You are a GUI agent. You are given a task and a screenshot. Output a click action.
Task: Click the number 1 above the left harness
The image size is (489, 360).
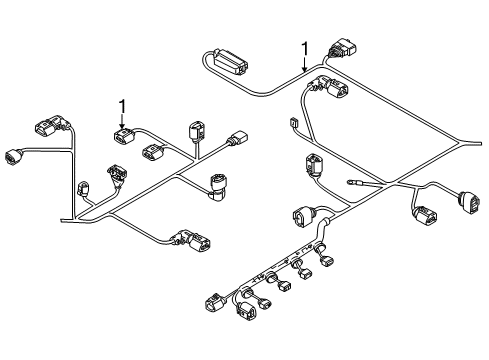(x=123, y=106)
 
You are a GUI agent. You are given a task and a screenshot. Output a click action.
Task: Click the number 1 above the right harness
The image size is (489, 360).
(x=304, y=49)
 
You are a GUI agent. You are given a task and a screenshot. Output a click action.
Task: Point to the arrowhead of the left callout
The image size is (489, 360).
(x=123, y=126)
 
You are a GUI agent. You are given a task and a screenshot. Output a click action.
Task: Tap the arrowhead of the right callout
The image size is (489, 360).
(x=304, y=69)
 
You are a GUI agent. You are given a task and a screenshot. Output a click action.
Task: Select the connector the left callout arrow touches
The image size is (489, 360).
(x=124, y=136)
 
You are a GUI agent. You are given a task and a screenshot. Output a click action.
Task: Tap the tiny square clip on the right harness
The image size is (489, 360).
(x=293, y=122)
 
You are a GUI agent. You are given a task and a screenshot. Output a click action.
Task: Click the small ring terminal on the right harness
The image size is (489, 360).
(x=351, y=182)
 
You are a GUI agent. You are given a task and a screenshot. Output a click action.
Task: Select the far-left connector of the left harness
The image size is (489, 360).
(x=14, y=157)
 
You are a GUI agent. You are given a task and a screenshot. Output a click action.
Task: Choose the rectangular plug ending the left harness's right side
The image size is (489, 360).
(x=237, y=138)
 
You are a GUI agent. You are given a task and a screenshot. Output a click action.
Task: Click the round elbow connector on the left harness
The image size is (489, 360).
(x=218, y=188)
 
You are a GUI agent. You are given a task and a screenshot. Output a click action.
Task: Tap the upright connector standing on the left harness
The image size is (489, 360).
(x=197, y=132)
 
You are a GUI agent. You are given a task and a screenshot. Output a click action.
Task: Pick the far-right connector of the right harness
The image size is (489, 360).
(x=470, y=202)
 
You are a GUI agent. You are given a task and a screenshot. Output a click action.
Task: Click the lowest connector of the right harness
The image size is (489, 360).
(x=246, y=312)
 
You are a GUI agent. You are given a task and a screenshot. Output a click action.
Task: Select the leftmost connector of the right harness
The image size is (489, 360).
(x=215, y=302)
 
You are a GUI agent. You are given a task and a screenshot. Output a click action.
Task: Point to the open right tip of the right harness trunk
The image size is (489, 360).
(x=480, y=144)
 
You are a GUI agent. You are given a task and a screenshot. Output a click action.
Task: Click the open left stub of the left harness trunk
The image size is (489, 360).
(x=62, y=220)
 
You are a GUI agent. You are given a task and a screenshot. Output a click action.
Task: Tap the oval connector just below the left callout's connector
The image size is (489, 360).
(x=154, y=152)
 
